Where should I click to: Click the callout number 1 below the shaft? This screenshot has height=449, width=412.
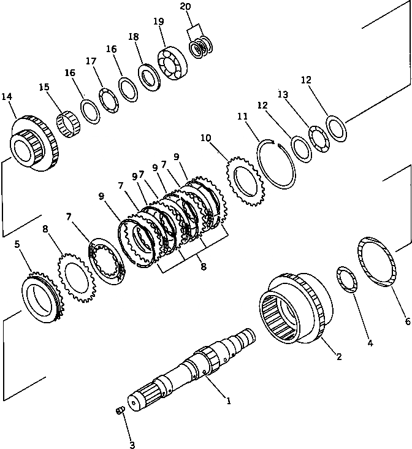click(x=228, y=402)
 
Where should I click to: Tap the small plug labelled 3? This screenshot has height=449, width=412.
click(x=121, y=410)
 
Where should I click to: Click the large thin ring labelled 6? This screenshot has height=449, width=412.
click(x=376, y=261)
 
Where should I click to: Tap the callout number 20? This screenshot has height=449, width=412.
click(x=185, y=7)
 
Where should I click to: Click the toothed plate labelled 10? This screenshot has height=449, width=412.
click(x=245, y=178)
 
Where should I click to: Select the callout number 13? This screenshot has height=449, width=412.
click(x=283, y=94)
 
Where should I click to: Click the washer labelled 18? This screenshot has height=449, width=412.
click(x=148, y=75)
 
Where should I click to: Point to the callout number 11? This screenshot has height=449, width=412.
click(x=243, y=116)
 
